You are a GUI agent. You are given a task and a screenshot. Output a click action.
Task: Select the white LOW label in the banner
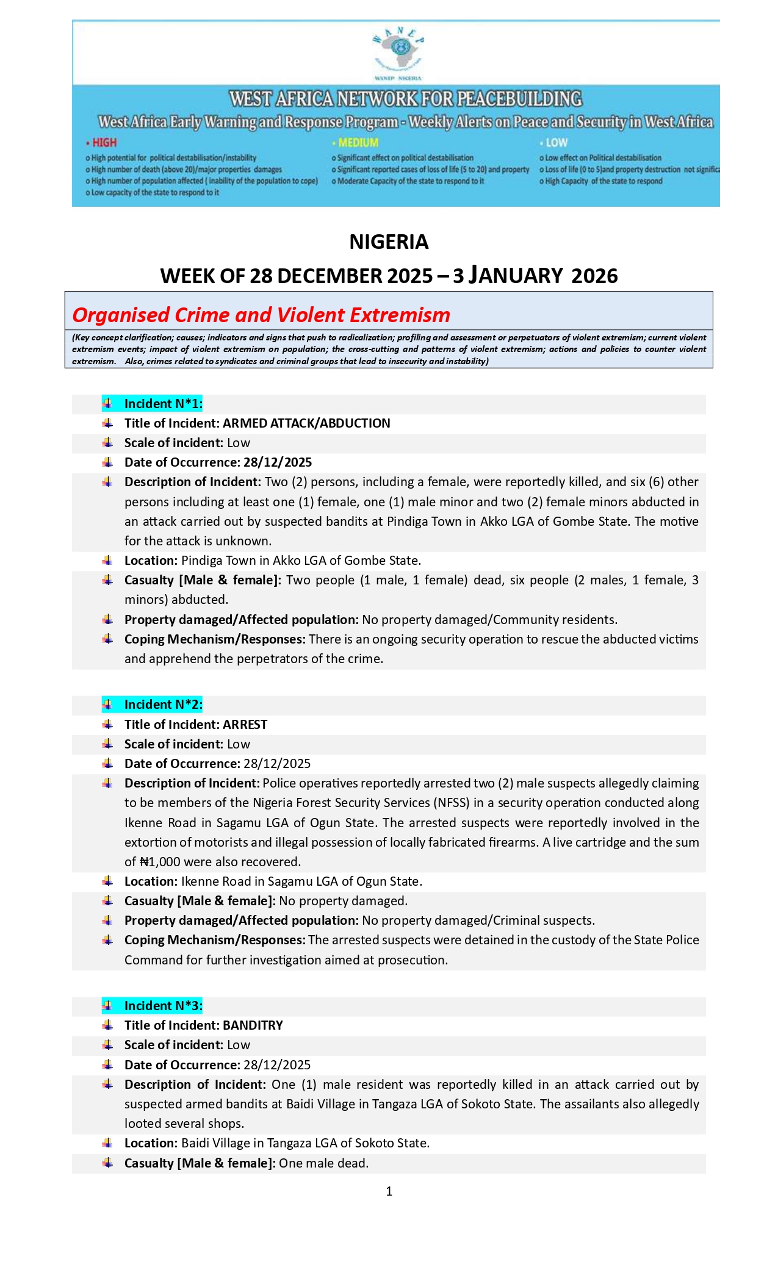click(x=556, y=143)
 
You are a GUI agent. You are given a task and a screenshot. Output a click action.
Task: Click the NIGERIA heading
click(x=389, y=242)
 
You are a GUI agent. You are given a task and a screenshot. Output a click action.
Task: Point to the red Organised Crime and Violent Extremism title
click(x=261, y=315)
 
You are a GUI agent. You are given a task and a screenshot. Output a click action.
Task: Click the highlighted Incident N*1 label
click(x=163, y=404)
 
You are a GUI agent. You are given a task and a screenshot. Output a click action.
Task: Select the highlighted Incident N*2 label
click(x=163, y=705)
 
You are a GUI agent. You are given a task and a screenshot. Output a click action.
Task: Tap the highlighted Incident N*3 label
click(x=163, y=1006)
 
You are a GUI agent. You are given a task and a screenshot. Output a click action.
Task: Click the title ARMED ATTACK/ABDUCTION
click(x=306, y=423)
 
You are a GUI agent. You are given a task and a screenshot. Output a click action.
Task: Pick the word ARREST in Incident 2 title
click(x=245, y=725)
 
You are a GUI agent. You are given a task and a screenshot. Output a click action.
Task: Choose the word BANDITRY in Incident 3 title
click(x=253, y=1025)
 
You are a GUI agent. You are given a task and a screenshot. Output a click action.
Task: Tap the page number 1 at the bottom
click(x=389, y=1191)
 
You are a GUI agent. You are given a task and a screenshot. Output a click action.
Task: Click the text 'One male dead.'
click(x=324, y=1163)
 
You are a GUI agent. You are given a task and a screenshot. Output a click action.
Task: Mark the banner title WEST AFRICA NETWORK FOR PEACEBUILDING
click(x=406, y=99)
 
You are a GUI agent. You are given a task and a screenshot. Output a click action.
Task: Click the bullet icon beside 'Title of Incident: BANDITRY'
click(x=108, y=1025)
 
